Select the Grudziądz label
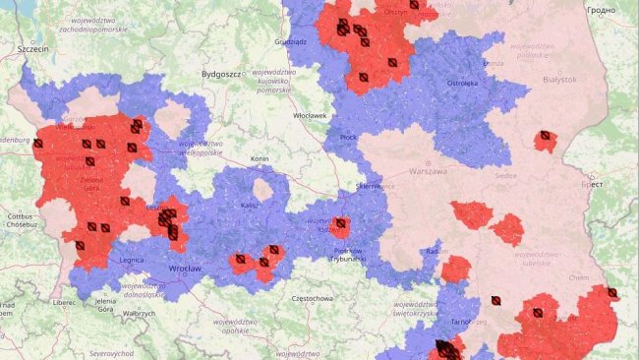tap(297, 43)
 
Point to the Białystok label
tap(554, 79)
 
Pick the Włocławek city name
tap(310, 115)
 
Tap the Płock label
tap(348, 138)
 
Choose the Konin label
tap(260, 158)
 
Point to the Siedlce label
tap(507, 177)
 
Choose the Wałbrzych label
tap(140, 313)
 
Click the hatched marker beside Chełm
tap(612, 292)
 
